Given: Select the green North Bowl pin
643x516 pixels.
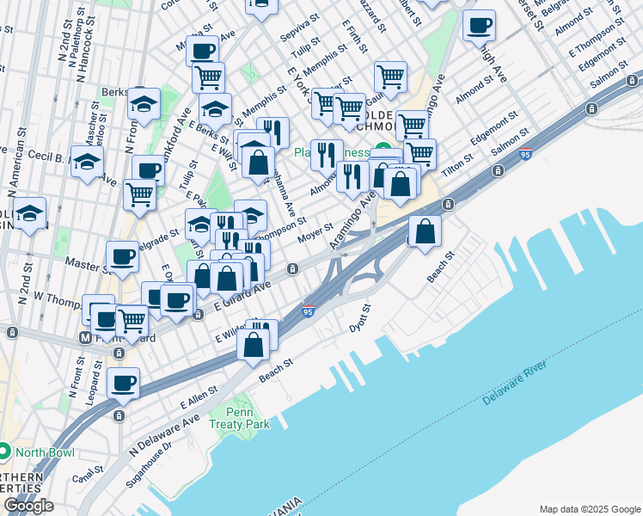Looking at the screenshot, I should click(x=5, y=451).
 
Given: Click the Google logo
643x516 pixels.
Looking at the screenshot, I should click(x=28, y=506).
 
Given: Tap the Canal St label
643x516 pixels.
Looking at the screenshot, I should click(x=87, y=479).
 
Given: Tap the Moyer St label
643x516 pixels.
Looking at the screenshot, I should click(x=315, y=232).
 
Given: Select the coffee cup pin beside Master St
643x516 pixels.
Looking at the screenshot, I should click(x=122, y=255).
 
